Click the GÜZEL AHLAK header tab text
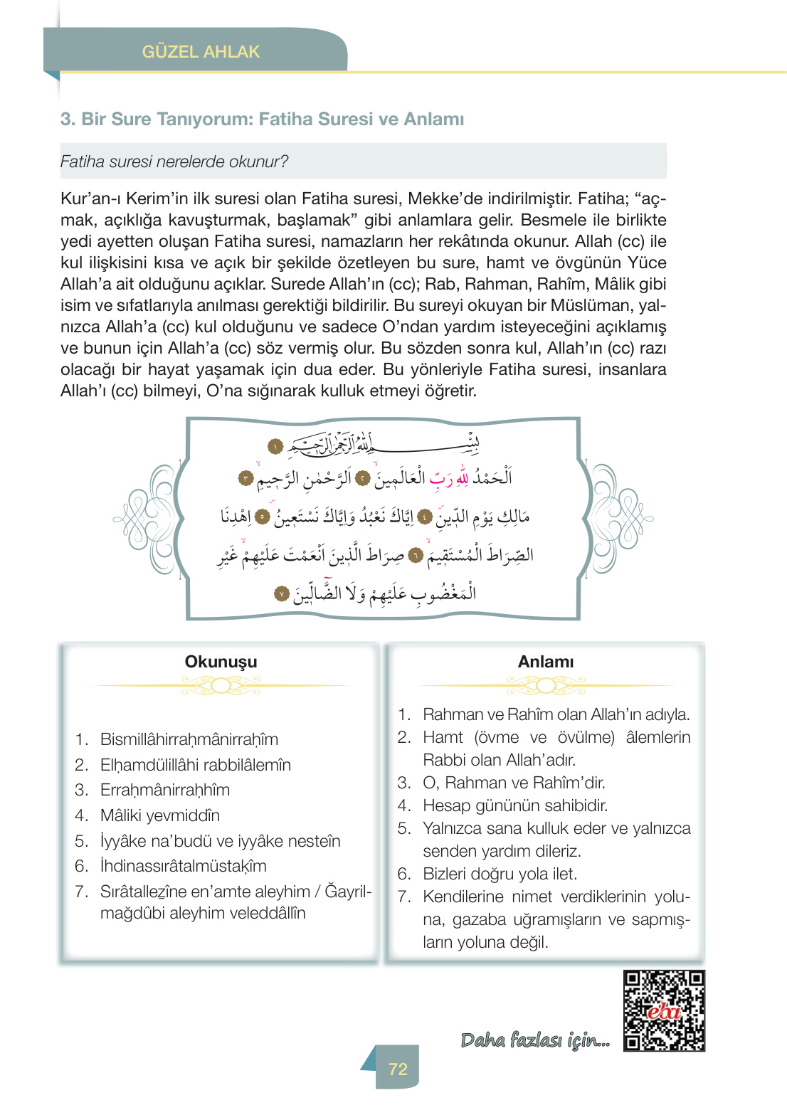point(201,52)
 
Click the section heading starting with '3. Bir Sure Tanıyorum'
point(262,119)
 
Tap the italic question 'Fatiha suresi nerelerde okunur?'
point(174,162)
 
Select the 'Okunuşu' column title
point(221,662)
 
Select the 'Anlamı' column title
point(545,662)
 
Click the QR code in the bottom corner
point(664,1010)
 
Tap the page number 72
point(398,1069)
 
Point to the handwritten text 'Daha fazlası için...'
point(535,1040)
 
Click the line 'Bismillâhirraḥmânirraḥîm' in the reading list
point(189,739)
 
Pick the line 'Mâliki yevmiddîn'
point(160,815)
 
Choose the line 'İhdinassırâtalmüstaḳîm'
point(183,866)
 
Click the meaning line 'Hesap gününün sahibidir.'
point(515,805)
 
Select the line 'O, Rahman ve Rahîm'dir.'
point(514,783)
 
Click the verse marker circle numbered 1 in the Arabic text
point(275,446)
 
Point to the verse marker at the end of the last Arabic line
point(282,593)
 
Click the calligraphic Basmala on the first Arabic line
point(384,445)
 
